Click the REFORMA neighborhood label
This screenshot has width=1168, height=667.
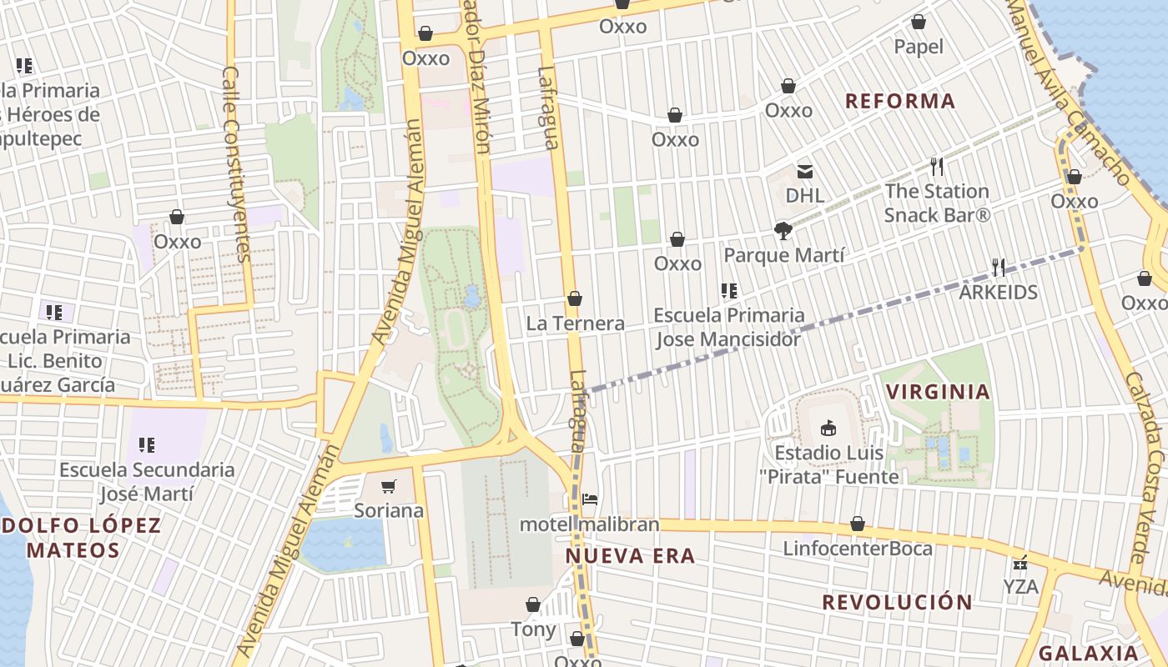click(899, 101)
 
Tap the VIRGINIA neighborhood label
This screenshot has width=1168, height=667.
click(938, 391)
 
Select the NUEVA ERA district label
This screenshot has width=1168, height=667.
click(630, 556)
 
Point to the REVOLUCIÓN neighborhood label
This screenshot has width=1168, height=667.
click(897, 602)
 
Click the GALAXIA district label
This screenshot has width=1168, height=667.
click(1088, 653)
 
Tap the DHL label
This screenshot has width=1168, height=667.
click(805, 195)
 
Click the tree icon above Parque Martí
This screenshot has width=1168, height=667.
click(783, 230)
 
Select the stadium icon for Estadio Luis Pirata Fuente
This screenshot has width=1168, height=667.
click(828, 428)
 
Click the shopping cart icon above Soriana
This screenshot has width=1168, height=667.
click(388, 486)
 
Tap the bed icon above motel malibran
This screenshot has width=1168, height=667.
click(590, 499)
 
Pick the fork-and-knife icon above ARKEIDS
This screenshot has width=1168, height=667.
click(998, 267)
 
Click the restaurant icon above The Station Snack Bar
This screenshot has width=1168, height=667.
click(937, 167)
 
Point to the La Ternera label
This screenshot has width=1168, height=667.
click(575, 323)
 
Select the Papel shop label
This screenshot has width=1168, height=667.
click(918, 47)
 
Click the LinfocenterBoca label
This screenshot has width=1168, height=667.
click(857, 548)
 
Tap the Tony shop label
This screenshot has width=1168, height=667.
click(533, 629)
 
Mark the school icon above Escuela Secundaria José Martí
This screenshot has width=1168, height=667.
click(147, 445)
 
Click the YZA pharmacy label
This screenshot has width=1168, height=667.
click(1020, 586)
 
